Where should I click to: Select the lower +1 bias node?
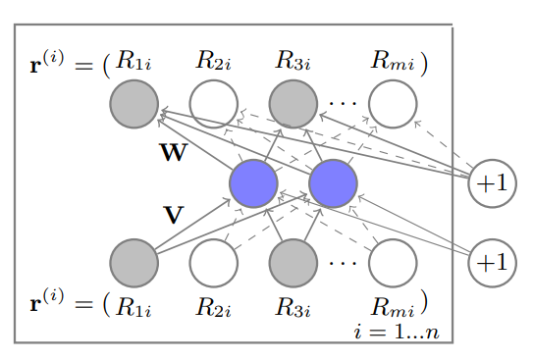click(492, 263)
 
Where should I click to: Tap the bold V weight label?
click(173, 215)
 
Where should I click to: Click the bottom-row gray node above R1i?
click(134, 263)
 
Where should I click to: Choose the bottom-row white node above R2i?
click(213, 263)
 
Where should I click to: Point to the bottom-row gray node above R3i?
click(293, 263)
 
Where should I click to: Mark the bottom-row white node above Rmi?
click(393, 263)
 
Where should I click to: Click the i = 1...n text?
click(396, 332)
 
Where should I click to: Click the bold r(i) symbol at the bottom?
click(48, 301)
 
